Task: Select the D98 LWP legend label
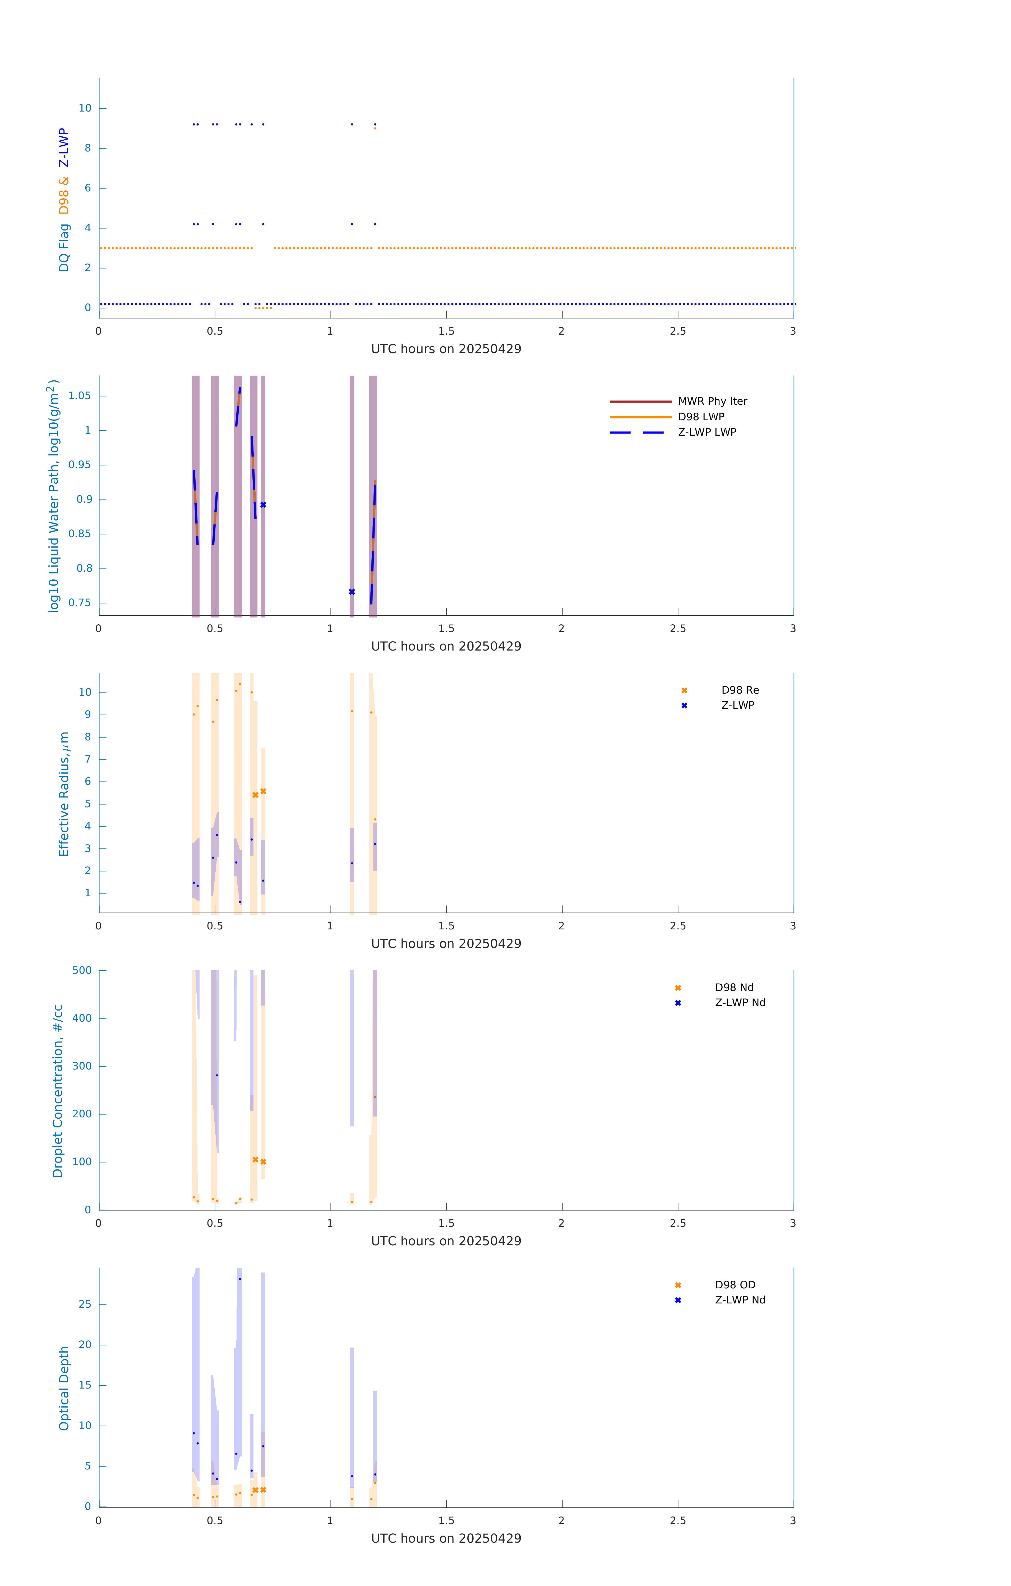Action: pos(701,417)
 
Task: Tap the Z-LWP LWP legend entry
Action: pos(707,432)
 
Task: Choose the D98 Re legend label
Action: pos(740,690)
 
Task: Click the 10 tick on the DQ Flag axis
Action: pos(85,108)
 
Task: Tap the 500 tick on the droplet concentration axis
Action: pos(82,970)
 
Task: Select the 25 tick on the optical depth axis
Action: pos(85,1304)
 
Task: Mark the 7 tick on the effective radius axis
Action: pos(87,759)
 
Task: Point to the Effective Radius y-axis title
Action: pos(64,794)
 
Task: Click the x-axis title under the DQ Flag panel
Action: pos(446,349)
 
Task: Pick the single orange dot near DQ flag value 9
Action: pos(375,128)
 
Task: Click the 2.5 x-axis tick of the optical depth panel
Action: pos(678,1521)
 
